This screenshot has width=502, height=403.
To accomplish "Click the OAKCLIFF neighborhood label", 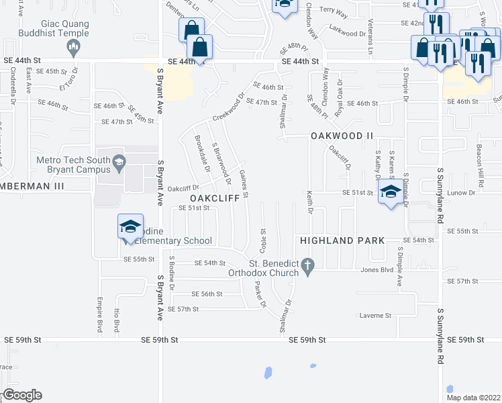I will click(215, 199).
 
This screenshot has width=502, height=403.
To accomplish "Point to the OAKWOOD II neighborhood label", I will click(342, 136).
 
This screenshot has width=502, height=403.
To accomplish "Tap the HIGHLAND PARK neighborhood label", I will click(342, 240).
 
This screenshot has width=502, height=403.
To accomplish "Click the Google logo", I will click(21, 395).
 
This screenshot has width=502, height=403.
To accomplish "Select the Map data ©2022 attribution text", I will click(474, 397).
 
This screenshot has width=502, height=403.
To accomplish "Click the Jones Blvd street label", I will click(376, 270).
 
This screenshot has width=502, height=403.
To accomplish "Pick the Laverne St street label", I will click(375, 315).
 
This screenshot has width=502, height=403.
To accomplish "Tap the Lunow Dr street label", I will click(462, 193).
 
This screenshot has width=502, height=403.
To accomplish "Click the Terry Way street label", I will click(334, 10).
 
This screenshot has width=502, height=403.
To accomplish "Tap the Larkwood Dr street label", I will click(346, 28).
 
